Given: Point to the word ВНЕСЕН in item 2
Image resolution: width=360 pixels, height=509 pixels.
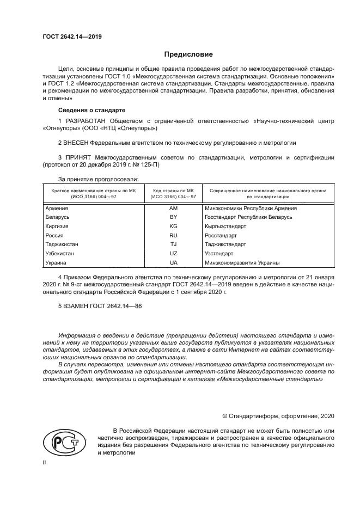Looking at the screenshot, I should pos(81,143).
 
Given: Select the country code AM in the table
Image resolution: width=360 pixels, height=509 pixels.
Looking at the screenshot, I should pos(174,208).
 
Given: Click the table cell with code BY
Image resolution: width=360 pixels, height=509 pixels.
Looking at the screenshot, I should pos(174,217).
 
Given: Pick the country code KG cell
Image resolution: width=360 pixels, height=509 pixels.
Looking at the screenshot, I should pos(174,226).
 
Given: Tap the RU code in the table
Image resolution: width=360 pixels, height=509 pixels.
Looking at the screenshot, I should pos(174,235).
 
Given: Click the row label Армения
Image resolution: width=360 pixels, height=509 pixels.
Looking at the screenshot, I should pos(57,208).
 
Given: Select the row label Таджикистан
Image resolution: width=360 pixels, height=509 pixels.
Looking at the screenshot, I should pos(62,244).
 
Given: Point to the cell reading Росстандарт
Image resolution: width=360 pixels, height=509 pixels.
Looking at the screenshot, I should pos(221,235).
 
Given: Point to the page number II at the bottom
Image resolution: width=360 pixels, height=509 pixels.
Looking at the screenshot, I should pos(45,462).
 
